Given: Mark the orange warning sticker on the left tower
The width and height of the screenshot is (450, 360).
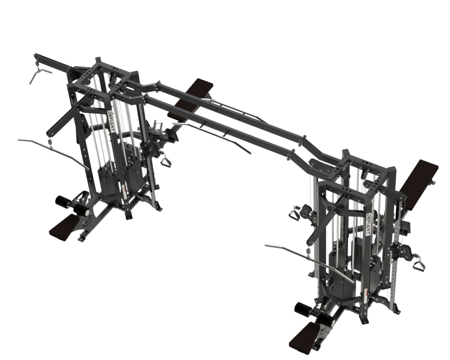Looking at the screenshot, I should point(123,190).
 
